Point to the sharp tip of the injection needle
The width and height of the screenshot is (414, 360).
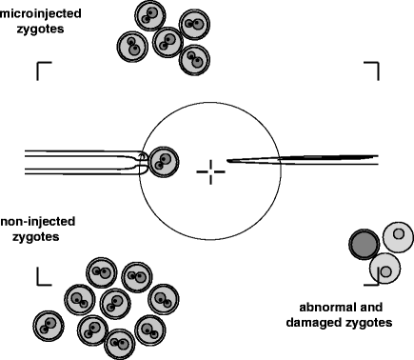pos(227,160)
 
